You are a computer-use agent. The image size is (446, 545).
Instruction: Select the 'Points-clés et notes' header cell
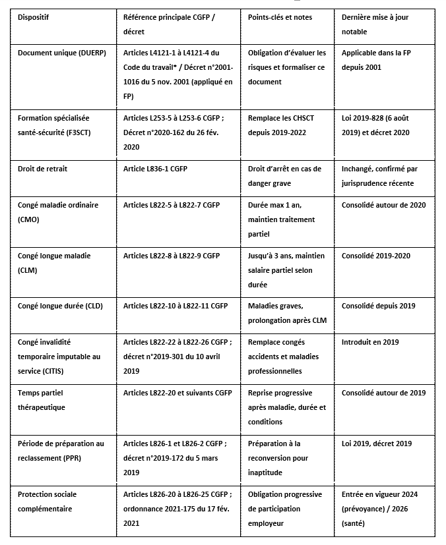(x=280, y=16)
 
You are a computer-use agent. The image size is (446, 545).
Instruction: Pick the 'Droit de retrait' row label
(x=44, y=169)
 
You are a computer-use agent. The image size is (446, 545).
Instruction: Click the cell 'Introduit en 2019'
(x=370, y=342)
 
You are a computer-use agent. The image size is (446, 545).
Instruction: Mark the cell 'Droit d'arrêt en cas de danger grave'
(x=284, y=176)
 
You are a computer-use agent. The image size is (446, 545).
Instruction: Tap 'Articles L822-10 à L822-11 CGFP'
(x=175, y=306)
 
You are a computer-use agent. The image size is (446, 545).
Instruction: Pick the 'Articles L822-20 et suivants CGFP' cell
(x=177, y=393)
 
